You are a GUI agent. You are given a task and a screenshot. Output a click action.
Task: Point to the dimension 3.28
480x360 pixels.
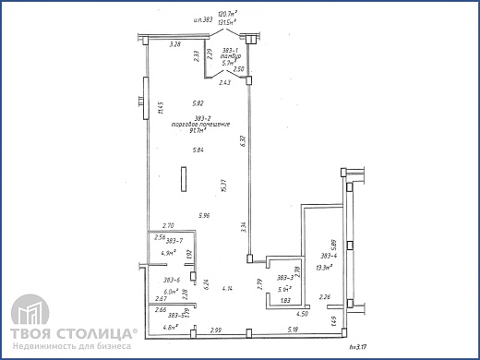point(174,43)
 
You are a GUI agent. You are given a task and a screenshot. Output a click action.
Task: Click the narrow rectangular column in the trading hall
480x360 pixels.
point(183,179)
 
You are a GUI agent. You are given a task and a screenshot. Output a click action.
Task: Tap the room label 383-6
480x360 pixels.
point(171,279)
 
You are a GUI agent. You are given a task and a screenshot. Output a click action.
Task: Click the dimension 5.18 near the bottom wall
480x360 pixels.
point(293,330)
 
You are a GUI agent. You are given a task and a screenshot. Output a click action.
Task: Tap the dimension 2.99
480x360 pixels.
point(214,330)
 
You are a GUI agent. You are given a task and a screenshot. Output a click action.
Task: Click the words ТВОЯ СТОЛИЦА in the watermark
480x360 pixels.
point(74,331)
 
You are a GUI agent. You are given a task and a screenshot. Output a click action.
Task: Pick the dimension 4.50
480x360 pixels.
point(301,314)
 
